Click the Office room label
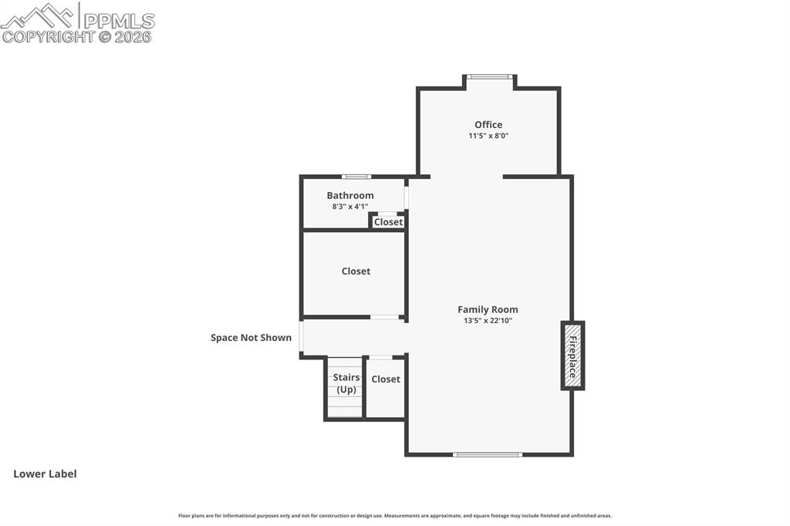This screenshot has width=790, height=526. pos(488,124)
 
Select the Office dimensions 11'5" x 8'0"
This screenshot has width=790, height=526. pos(488,136)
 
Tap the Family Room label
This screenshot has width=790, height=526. pos(488,309)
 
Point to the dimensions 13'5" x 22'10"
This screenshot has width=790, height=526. pos(488,321)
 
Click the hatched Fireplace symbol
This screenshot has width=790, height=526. pos(572,356)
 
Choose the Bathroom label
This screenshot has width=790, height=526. pos(349,195)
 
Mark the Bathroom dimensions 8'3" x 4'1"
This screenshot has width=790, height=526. pos(349,206)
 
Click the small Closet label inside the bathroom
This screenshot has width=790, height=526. pos(388,222)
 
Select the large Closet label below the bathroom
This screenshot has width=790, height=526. pos(356,271)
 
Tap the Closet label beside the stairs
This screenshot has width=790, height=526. pos(385,379)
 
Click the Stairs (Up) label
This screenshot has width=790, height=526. pos(346,383)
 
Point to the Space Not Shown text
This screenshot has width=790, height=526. pos(251,337)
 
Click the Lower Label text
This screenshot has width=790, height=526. pos(45,474)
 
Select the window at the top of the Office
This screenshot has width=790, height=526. pos(490,76)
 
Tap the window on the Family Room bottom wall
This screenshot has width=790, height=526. pos(488,454)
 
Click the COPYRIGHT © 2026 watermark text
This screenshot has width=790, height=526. pos(77,36)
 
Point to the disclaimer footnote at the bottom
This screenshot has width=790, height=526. pos(394,516)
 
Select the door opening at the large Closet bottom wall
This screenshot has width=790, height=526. pos(385,317)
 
